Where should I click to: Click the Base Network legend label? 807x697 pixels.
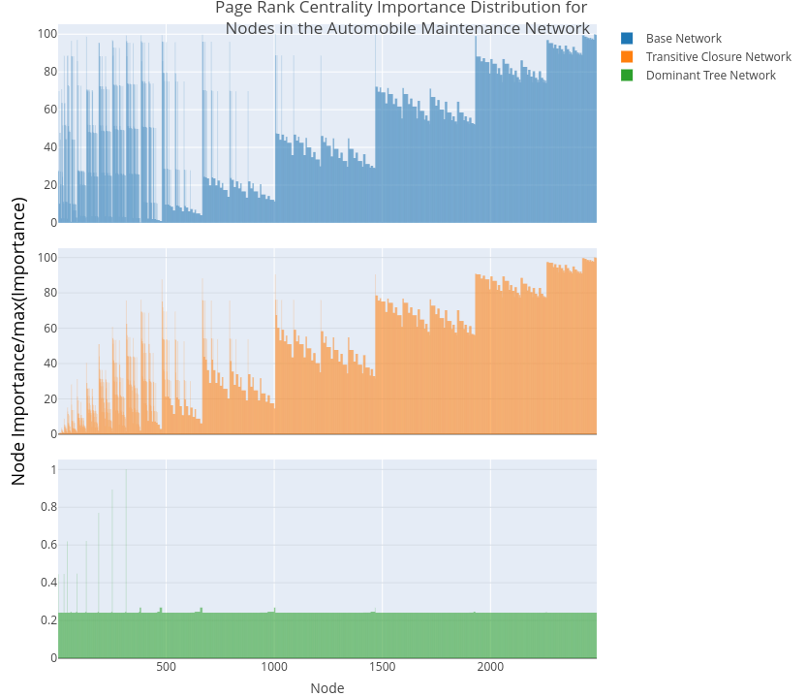(x=683, y=39)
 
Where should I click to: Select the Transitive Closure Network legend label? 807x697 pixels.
(x=718, y=57)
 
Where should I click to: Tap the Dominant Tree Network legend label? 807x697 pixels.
(x=710, y=76)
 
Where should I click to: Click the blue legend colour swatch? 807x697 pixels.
(x=627, y=39)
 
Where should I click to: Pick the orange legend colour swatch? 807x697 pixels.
(x=627, y=57)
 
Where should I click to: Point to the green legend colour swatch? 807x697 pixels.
(x=627, y=76)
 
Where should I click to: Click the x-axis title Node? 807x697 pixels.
(x=327, y=688)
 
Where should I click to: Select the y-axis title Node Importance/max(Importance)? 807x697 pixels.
(x=18, y=340)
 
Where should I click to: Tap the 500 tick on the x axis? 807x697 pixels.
(x=166, y=667)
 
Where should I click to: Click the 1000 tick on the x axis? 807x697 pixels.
(x=274, y=667)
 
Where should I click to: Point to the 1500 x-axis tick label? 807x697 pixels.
(x=383, y=667)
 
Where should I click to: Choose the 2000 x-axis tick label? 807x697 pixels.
(x=490, y=667)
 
